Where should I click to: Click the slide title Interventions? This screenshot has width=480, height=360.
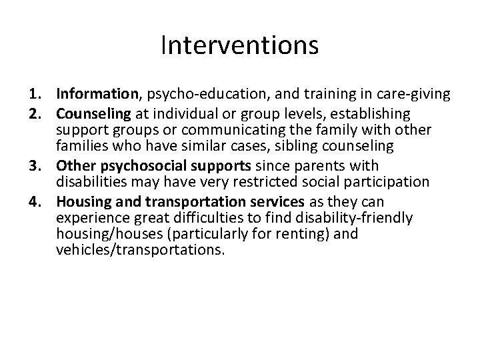coord(239,46)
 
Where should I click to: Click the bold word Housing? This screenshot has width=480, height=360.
coord(80,201)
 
